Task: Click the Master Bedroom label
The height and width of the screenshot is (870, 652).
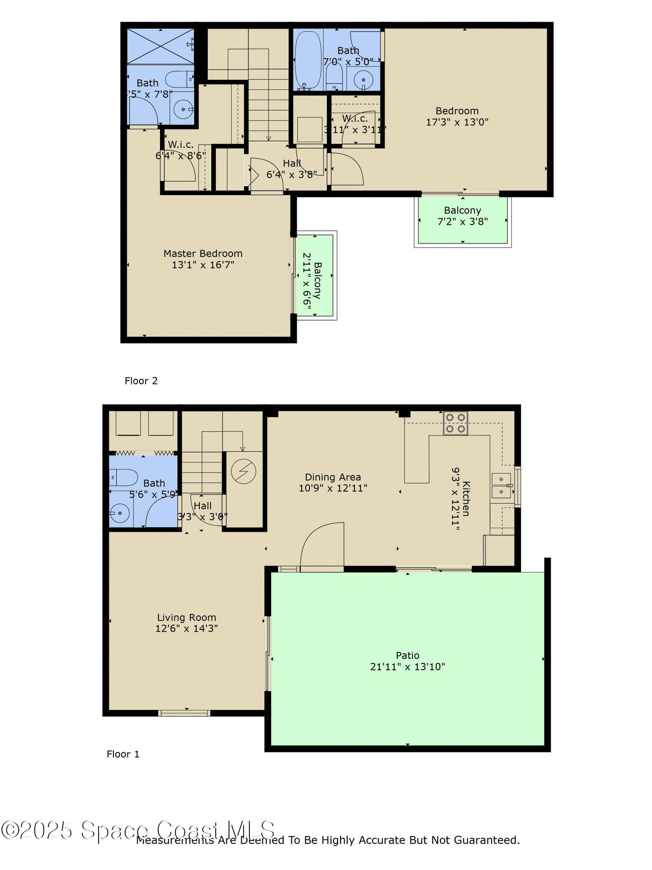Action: [x=203, y=254]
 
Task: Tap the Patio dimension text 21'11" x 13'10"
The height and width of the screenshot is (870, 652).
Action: [x=407, y=667]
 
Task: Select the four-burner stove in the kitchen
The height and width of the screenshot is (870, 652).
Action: [x=455, y=423]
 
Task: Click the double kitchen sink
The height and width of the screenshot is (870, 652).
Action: [x=502, y=485]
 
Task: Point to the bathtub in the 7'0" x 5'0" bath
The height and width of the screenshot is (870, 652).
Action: [x=308, y=60]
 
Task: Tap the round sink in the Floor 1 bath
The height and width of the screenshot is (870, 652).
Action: [x=120, y=513]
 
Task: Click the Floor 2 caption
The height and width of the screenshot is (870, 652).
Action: [x=141, y=381]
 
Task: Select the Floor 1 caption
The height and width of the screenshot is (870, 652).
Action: [x=123, y=754]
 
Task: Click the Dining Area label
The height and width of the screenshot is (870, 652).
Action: [x=333, y=477]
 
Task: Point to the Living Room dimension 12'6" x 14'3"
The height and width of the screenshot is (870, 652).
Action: [x=186, y=629]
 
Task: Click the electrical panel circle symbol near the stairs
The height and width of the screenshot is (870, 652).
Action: [x=243, y=472]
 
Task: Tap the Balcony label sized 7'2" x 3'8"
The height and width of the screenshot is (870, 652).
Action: [x=462, y=211]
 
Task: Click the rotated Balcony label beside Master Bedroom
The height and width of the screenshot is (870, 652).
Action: [x=318, y=281]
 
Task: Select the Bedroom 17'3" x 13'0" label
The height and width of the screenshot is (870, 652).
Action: [x=457, y=111]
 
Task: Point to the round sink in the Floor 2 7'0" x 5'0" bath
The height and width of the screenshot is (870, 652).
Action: [x=363, y=80]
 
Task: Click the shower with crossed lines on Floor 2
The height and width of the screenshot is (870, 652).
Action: [x=160, y=47]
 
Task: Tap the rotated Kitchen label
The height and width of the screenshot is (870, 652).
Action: [x=466, y=499]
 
